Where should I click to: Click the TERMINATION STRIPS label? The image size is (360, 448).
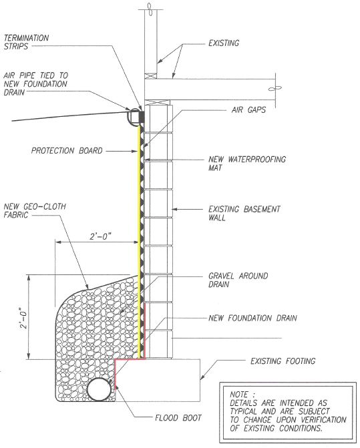26,42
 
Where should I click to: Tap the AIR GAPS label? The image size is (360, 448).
248,109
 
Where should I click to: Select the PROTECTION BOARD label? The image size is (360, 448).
67,151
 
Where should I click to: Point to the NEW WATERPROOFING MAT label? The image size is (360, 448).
247,164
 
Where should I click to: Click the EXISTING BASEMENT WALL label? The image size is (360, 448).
244,214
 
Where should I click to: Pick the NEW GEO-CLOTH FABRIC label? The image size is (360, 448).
35,210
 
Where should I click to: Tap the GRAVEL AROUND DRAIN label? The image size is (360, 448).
238,280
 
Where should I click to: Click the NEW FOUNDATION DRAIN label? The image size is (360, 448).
252,318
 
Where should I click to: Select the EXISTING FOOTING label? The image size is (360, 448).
283,361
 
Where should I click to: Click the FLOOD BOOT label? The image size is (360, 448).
178,418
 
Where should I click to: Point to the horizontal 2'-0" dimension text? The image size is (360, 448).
100,236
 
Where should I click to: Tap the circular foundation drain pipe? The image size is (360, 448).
99,389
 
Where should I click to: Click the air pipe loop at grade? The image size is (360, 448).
134,116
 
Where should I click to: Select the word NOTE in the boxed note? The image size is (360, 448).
239,395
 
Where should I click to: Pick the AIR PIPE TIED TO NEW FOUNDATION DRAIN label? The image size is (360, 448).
35,83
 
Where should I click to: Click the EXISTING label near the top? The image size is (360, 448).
224,43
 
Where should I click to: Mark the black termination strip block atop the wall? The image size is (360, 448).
142,117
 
